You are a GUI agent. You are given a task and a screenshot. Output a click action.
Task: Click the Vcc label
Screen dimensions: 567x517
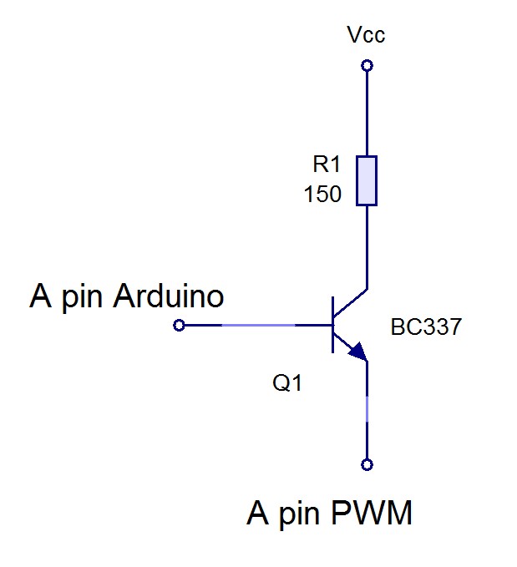coord(366,35)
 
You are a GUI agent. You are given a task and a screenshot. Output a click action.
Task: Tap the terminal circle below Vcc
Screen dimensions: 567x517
coord(366,65)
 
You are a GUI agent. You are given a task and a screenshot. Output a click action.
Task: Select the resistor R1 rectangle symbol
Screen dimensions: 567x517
coord(367,180)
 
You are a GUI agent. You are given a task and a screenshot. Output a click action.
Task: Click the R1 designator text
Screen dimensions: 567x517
coord(322,165)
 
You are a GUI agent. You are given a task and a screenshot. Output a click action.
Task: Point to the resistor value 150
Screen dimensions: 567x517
coord(322,195)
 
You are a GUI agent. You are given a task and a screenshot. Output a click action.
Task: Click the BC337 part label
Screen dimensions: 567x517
coord(426,327)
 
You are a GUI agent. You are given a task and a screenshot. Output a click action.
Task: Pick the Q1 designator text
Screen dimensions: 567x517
coord(287,384)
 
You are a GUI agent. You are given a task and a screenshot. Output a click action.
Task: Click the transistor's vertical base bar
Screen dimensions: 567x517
coord(332,324)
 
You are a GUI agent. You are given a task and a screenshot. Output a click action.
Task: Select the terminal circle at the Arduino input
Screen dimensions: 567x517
coord(178,325)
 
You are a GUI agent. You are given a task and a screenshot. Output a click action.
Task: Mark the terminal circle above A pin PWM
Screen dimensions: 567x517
coord(366,464)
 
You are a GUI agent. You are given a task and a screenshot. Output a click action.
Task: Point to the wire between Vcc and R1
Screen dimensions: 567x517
coord(366,113)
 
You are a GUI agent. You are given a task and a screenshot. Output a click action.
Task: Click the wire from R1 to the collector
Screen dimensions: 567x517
coord(366,246)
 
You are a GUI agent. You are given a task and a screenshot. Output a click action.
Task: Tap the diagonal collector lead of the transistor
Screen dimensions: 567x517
coord(351,301)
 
